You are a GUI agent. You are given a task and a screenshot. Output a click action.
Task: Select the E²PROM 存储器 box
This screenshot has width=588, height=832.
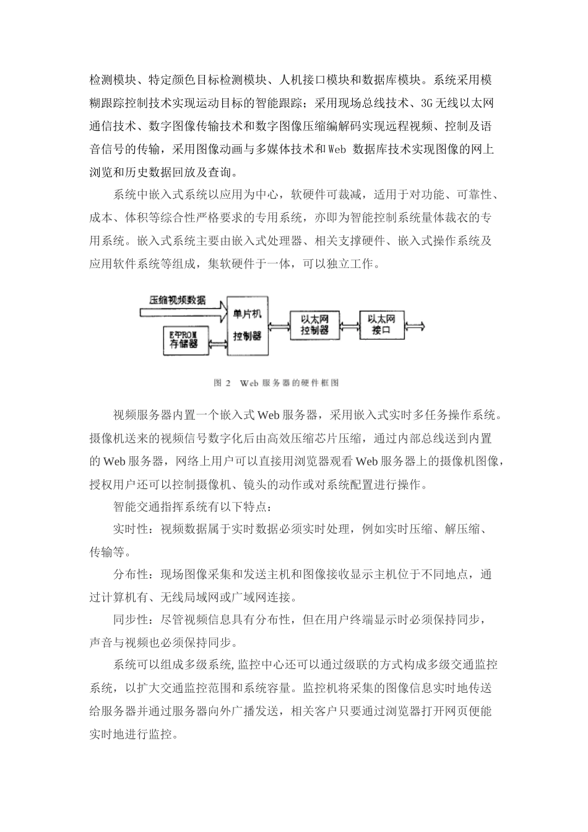(184, 339)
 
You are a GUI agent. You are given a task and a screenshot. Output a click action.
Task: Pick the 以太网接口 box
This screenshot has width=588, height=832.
(382, 324)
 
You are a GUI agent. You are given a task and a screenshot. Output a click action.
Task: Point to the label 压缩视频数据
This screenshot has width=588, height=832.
(177, 300)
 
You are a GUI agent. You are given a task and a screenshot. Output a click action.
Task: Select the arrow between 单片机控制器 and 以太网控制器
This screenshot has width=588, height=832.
(279, 327)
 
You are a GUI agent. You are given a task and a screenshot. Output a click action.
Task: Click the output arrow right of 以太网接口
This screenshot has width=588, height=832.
(415, 324)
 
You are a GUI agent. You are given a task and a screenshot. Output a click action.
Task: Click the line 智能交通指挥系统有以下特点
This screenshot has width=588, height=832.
(192, 507)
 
